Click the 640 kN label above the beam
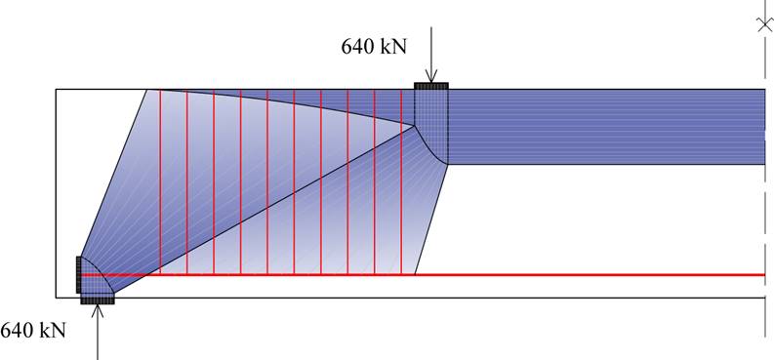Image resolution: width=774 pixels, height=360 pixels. (x=374, y=45)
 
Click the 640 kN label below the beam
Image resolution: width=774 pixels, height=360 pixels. (x=33, y=331)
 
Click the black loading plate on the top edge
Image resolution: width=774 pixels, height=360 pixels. (x=431, y=86)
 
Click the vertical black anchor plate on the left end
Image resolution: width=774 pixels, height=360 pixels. (x=78, y=274)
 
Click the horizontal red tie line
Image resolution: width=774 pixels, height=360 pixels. (x=586, y=275)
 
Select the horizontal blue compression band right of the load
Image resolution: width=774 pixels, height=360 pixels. (x=605, y=126)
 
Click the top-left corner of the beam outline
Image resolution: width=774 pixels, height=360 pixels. (x=56, y=90)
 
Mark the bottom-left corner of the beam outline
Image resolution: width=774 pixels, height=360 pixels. (x=56, y=297)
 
